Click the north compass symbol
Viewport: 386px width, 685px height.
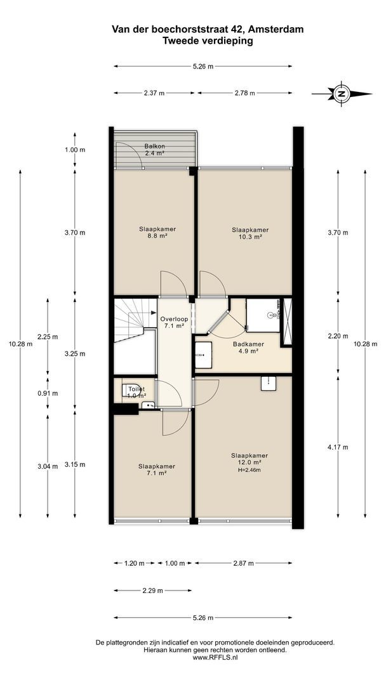(342, 93)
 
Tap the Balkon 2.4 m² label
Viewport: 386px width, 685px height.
(154, 150)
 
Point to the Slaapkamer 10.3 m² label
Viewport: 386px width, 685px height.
(250, 233)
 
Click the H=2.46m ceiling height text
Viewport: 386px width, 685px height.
(250, 470)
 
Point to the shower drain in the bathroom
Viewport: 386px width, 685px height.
(270, 314)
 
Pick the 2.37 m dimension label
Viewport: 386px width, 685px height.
(154, 93)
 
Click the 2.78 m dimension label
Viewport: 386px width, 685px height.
(245, 93)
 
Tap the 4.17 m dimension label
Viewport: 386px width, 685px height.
(338, 447)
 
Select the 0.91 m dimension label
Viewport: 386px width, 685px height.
(48, 393)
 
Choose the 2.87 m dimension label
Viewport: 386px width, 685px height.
(244, 563)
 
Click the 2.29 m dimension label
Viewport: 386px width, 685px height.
(153, 590)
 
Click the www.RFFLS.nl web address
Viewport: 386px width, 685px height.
(215, 657)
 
